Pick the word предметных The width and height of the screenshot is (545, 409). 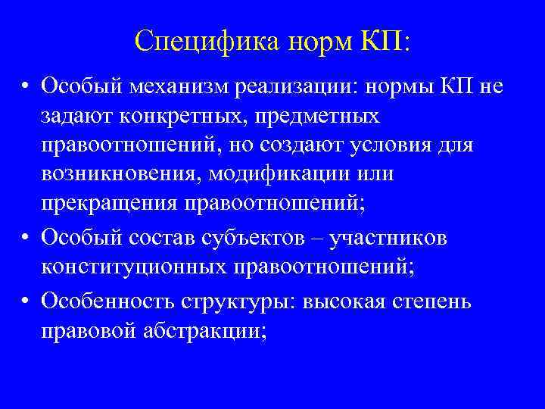pos(321,118)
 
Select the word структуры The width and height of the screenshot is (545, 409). pos(241,302)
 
